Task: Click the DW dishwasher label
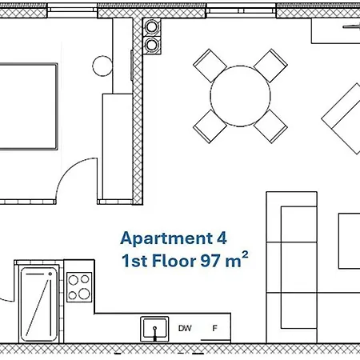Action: point(185,328)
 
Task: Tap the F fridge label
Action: point(214,328)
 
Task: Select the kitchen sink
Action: point(154,329)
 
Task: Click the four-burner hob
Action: point(79,287)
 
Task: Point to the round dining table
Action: point(240,96)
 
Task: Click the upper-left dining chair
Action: point(210,66)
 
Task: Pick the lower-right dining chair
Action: point(270,126)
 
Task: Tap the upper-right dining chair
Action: point(270,66)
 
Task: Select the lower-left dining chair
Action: point(210,126)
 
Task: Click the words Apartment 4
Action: point(174,238)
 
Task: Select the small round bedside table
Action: point(102,66)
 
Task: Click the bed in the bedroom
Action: point(29,106)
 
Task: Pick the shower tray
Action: point(39,304)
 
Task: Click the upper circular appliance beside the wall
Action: point(152,27)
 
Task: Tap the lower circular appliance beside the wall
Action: point(152,45)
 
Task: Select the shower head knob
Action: point(50,274)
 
